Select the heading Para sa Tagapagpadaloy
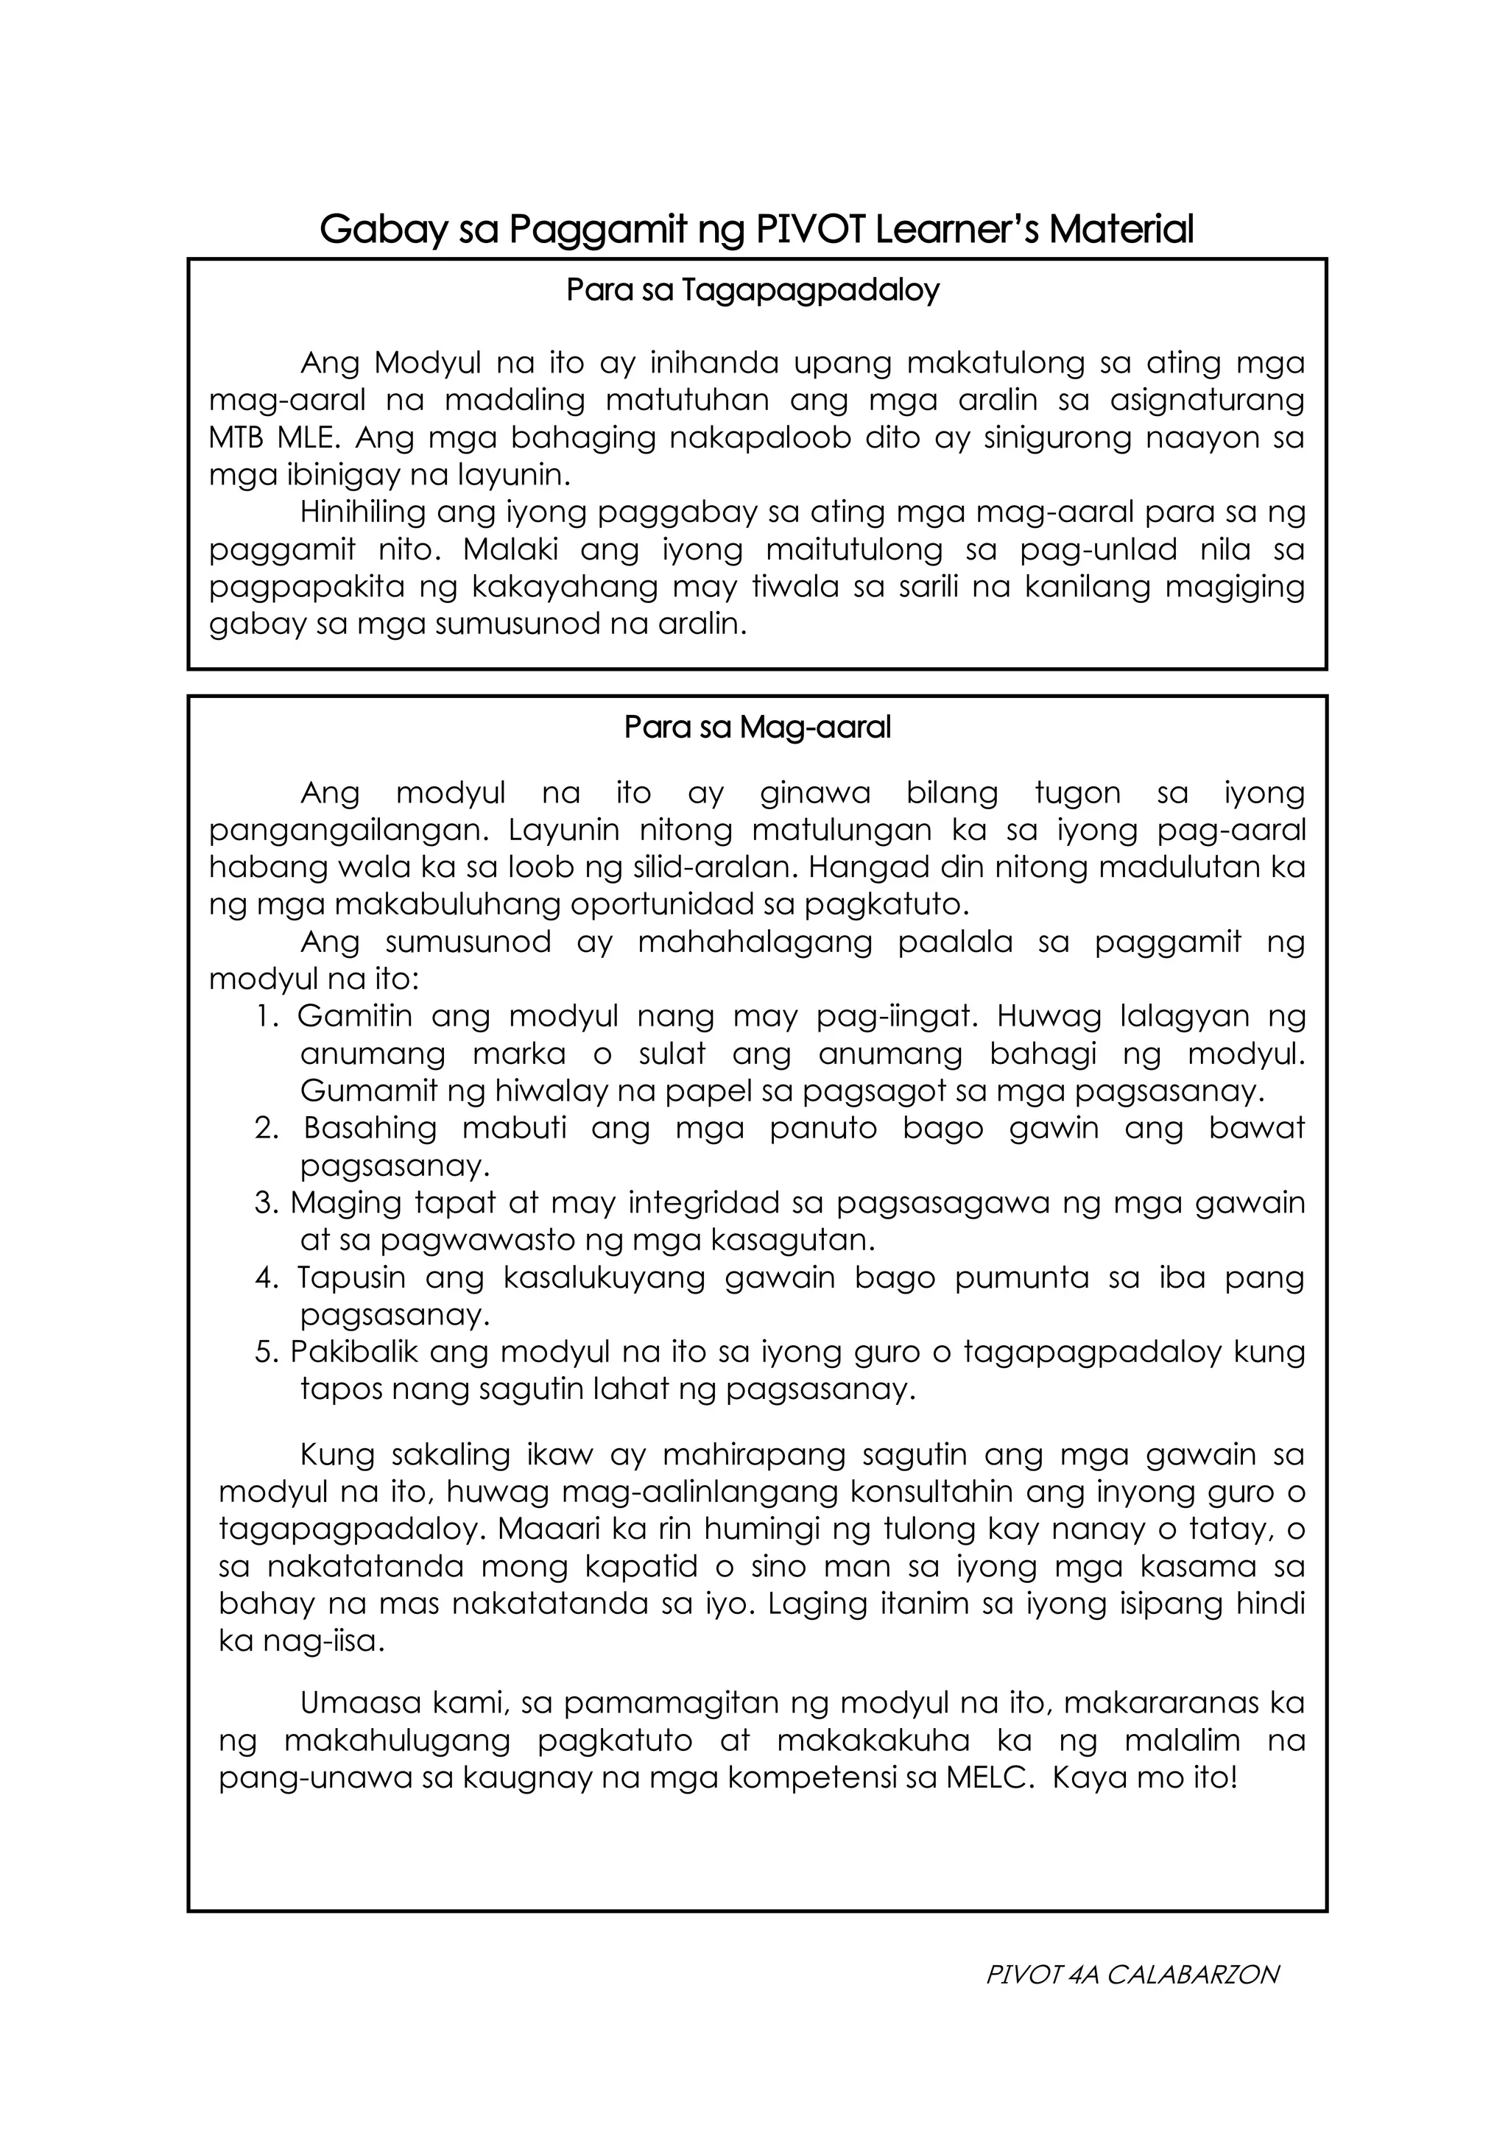(x=753, y=291)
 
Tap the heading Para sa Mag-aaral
(x=757, y=727)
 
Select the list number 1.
(x=267, y=1016)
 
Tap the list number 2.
(x=267, y=1128)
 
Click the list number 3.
(x=267, y=1203)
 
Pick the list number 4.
(x=267, y=1277)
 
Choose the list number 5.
(x=267, y=1352)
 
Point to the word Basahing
(x=370, y=1128)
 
